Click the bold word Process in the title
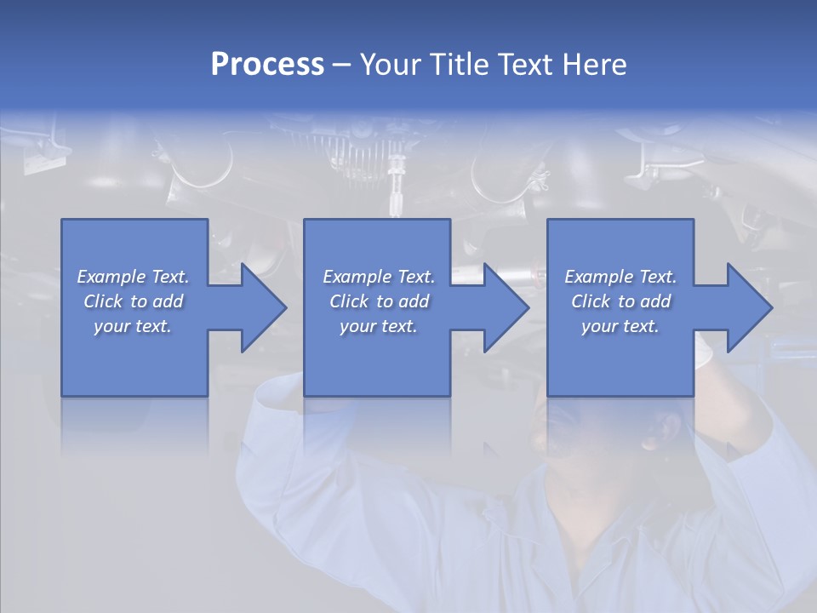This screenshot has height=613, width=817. (267, 65)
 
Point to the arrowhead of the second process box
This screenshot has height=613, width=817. (506, 308)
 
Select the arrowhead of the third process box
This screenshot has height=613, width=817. (749, 308)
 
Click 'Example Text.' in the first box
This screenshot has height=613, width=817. (133, 277)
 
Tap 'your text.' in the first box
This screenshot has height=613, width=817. (133, 326)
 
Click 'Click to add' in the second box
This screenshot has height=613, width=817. (379, 301)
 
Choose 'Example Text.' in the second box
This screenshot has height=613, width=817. (379, 277)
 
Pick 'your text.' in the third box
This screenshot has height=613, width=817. (620, 326)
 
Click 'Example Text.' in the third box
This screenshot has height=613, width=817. (620, 277)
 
